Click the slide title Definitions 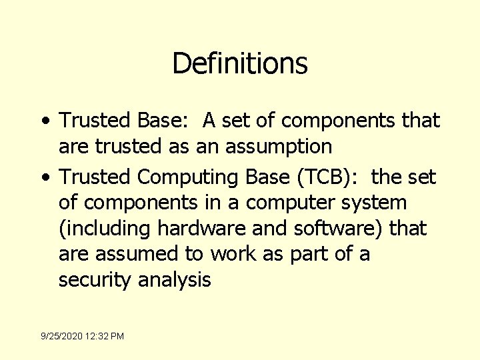tap(240, 64)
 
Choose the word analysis tap(174, 280)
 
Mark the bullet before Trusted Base tap(43, 121)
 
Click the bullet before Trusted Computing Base tap(43, 178)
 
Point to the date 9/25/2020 tap(62, 337)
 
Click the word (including tap(105, 229)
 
